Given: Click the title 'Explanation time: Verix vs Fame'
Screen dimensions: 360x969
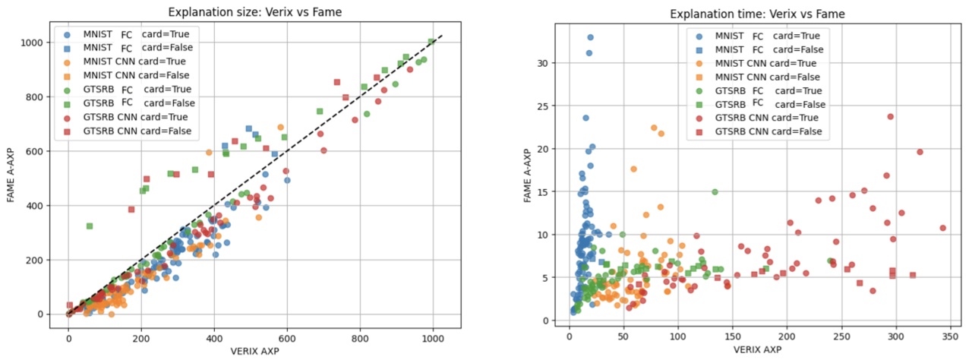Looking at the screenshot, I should coord(758,14).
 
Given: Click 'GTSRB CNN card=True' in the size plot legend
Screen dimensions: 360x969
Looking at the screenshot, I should coord(135,117).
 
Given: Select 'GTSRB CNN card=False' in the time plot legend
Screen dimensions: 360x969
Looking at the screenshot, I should coord(772,131).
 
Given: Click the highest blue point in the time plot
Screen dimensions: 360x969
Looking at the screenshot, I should coord(590,37).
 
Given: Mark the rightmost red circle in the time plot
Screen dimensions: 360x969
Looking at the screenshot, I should coord(943,228).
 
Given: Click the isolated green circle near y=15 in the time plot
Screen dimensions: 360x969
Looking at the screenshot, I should coord(715,192).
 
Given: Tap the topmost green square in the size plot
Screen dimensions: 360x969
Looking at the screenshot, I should coord(431,43).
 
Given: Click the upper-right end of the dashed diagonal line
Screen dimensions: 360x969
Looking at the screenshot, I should coord(442,33).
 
